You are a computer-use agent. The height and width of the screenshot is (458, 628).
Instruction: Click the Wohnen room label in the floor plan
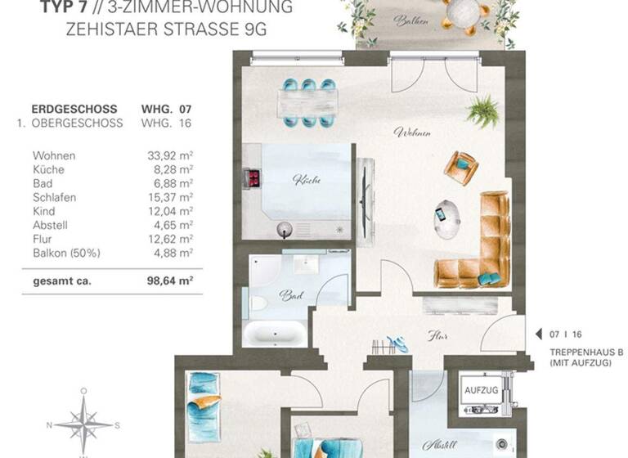[412, 132]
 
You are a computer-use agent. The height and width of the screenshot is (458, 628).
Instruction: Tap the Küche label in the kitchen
[305, 179]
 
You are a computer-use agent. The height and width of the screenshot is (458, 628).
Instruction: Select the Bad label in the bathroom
[287, 295]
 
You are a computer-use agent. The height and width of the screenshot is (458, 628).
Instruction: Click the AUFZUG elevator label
[481, 391]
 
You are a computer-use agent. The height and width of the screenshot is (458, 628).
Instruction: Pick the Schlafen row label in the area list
[55, 197]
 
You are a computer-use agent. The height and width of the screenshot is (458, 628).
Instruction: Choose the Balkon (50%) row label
[66, 253]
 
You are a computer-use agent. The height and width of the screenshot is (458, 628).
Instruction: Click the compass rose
[83, 424]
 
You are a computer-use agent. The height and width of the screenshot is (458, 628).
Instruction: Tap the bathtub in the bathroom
[274, 334]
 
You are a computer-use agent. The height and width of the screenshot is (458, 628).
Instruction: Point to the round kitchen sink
[285, 228]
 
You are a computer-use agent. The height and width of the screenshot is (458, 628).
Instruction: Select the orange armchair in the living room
[461, 168]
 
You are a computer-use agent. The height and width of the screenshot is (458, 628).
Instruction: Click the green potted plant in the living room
[484, 111]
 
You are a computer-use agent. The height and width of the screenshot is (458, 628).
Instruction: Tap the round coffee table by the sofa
[447, 218]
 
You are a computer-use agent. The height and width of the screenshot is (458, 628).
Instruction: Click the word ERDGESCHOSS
[74, 109]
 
